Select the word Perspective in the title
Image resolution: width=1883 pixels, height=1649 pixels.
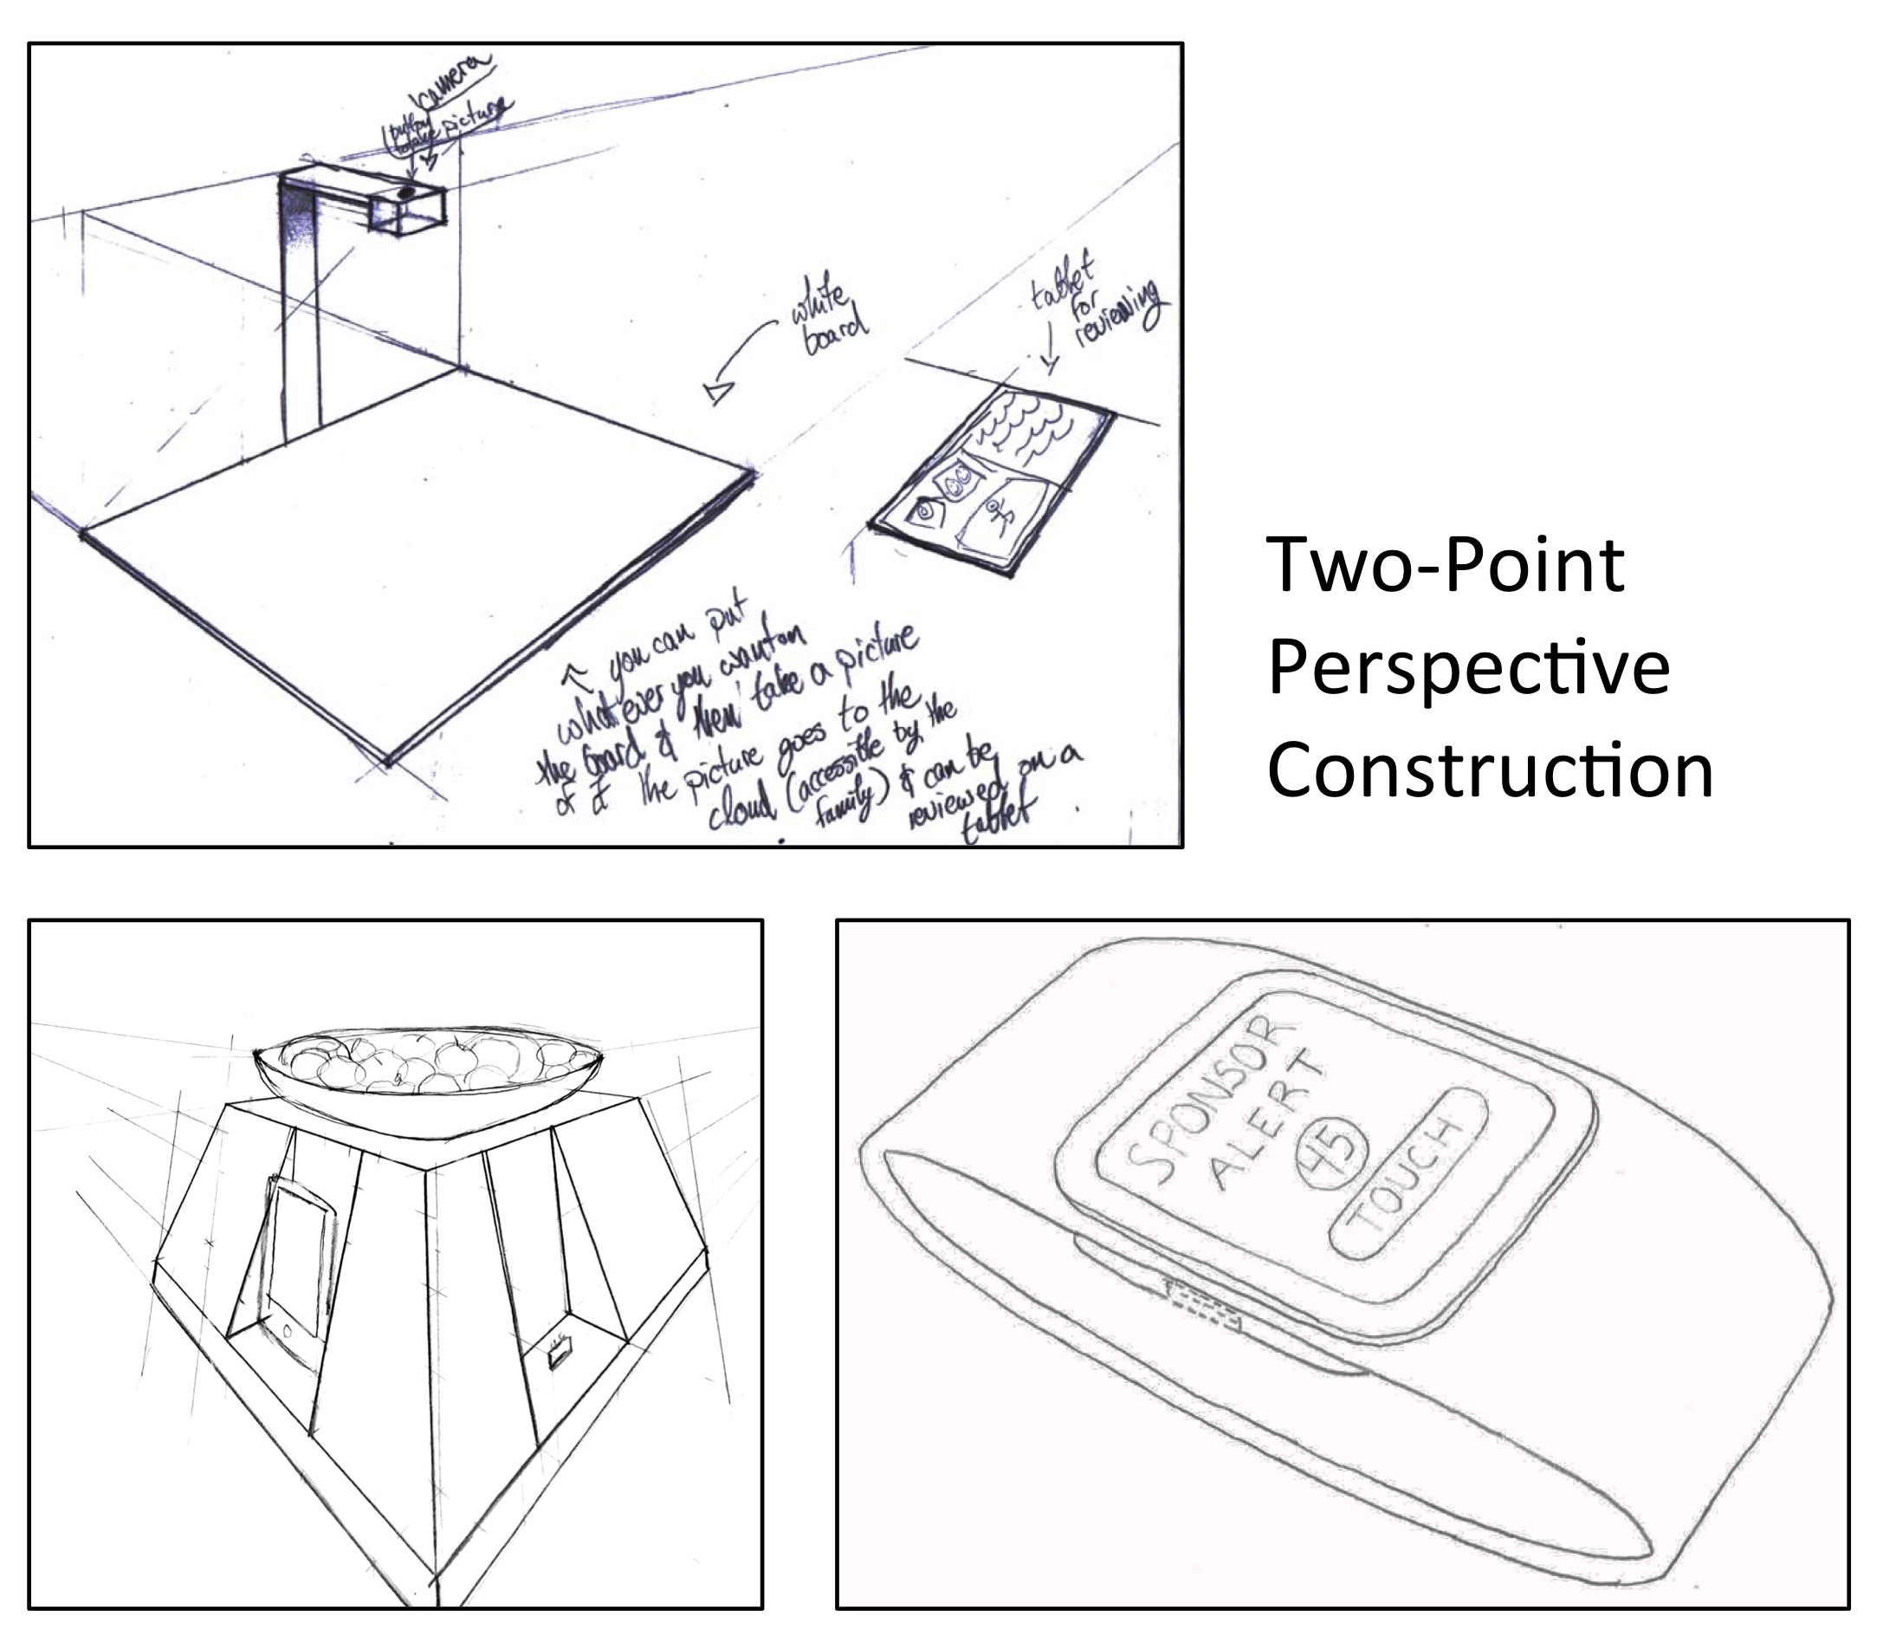(1468, 669)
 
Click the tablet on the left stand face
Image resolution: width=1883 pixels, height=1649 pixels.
(296, 1259)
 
